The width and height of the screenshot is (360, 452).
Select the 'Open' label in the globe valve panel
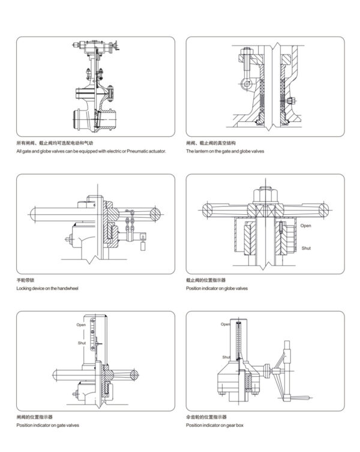306,226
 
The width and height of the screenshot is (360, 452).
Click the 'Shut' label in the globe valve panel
306,247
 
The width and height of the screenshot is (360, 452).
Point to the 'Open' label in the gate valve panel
81,325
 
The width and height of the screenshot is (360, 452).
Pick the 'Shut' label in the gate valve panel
81,343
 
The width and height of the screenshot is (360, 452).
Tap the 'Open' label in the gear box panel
225,324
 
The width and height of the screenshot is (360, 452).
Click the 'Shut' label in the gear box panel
227,357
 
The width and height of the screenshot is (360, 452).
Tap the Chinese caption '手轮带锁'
26,280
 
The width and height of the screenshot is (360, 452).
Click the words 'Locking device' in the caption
31,289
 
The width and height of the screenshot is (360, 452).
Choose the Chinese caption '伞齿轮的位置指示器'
206,417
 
